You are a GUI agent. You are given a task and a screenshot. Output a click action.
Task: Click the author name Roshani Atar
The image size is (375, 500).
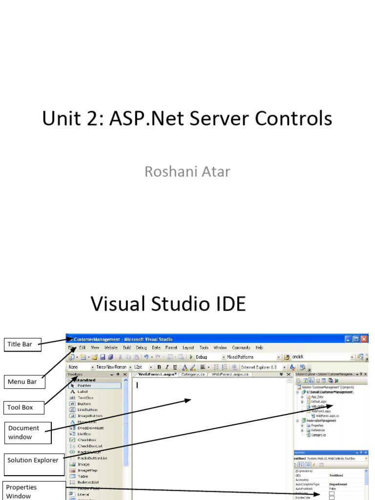pos(187,171)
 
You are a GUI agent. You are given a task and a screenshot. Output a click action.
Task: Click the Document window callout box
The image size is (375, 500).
pos(27,433)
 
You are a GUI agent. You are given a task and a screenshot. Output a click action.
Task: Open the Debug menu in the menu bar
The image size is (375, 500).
pos(141,348)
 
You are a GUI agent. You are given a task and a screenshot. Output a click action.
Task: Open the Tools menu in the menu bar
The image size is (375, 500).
pos(204,348)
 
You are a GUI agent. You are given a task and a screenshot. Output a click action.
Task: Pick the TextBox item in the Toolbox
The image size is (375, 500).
pos(85,398)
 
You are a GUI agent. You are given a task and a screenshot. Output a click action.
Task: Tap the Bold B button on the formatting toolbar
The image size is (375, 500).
pos(159,367)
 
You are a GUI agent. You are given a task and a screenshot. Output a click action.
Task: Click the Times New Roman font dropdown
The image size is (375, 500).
pos(111,367)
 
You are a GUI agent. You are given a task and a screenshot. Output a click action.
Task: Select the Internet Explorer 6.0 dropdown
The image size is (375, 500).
pos(259,367)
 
